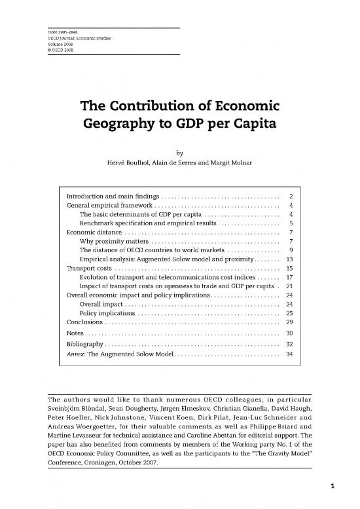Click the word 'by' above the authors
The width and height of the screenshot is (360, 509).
179,153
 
